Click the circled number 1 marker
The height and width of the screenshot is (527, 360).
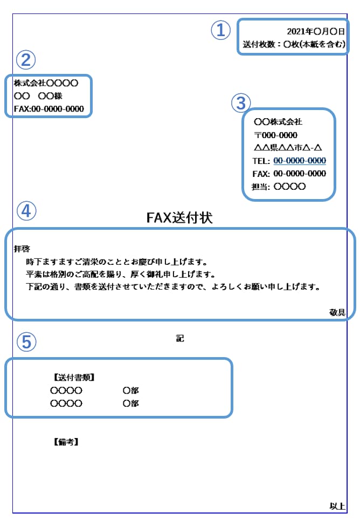[x=220, y=30]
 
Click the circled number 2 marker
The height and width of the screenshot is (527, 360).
[x=25, y=59]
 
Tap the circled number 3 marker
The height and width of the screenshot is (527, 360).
[x=241, y=102]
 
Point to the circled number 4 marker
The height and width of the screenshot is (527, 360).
[x=26, y=211]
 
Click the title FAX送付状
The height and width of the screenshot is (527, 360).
[x=179, y=217]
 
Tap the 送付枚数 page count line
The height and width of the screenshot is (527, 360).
[x=294, y=45]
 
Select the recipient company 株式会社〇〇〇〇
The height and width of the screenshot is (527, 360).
[x=46, y=83]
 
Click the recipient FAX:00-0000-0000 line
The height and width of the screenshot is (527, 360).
[x=49, y=109]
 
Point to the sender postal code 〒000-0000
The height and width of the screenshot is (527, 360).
[x=275, y=135]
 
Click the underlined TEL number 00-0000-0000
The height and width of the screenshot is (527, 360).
[x=300, y=161]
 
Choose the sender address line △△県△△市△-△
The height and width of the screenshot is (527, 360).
[x=288, y=148]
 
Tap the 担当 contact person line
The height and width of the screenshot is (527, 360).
[x=279, y=187]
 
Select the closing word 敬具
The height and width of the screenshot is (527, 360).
[x=337, y=312]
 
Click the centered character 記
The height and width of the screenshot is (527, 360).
[x=180, y=339]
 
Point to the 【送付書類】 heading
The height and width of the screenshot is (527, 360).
[x=74, y=377]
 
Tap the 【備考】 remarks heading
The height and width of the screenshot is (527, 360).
[x=66, y=442]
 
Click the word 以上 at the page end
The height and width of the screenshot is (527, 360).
[x=337, y=506]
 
